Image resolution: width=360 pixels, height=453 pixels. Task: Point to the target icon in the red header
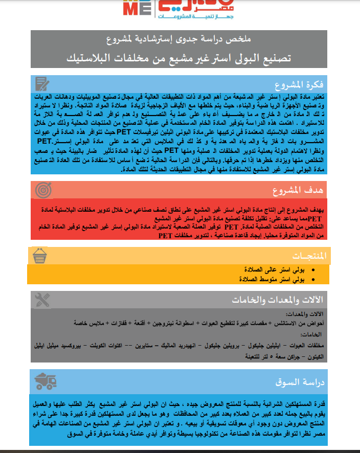click(43, 190)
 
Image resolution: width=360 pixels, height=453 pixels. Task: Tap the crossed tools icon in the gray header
click(43, 300)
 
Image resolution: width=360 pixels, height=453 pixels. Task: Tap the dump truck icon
click(46, 381)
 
